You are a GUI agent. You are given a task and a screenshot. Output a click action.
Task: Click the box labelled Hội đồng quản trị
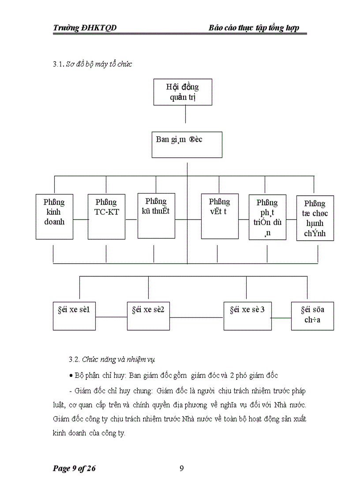(x=183, y=92)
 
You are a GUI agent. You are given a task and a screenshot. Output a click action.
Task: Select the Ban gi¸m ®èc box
(x=187, y=145)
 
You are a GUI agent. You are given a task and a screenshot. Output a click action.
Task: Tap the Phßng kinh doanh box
(x=54, y=216)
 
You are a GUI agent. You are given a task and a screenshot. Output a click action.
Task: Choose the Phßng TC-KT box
(x=106, y=216)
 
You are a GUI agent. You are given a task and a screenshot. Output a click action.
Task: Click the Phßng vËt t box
(x=220, y=216)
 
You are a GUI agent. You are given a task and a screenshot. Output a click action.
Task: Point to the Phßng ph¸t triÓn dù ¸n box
(x=267, y=217)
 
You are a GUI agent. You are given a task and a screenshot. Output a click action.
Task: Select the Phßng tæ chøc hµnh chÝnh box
(x=315, y=218)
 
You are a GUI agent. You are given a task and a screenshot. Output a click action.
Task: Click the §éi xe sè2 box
(x=148, y=316)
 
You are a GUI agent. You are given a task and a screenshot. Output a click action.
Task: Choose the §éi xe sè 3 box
(x=247, y=316)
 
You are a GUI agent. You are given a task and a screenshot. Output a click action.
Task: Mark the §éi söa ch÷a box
(x=312, y=316)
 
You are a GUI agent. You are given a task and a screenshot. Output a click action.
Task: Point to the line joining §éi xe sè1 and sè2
(x=111, y=316)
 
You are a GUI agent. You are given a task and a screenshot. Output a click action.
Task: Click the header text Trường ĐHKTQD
(x=85, y=28)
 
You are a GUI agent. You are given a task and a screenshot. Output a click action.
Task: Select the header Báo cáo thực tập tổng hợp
(x=254, y=28)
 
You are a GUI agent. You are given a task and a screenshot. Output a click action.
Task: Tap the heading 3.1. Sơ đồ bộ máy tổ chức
(x=93, y=64)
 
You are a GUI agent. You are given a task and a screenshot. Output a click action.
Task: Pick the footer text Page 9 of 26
(x=74, y=468)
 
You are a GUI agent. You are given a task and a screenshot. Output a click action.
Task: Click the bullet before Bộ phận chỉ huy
(x=71, y=375)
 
